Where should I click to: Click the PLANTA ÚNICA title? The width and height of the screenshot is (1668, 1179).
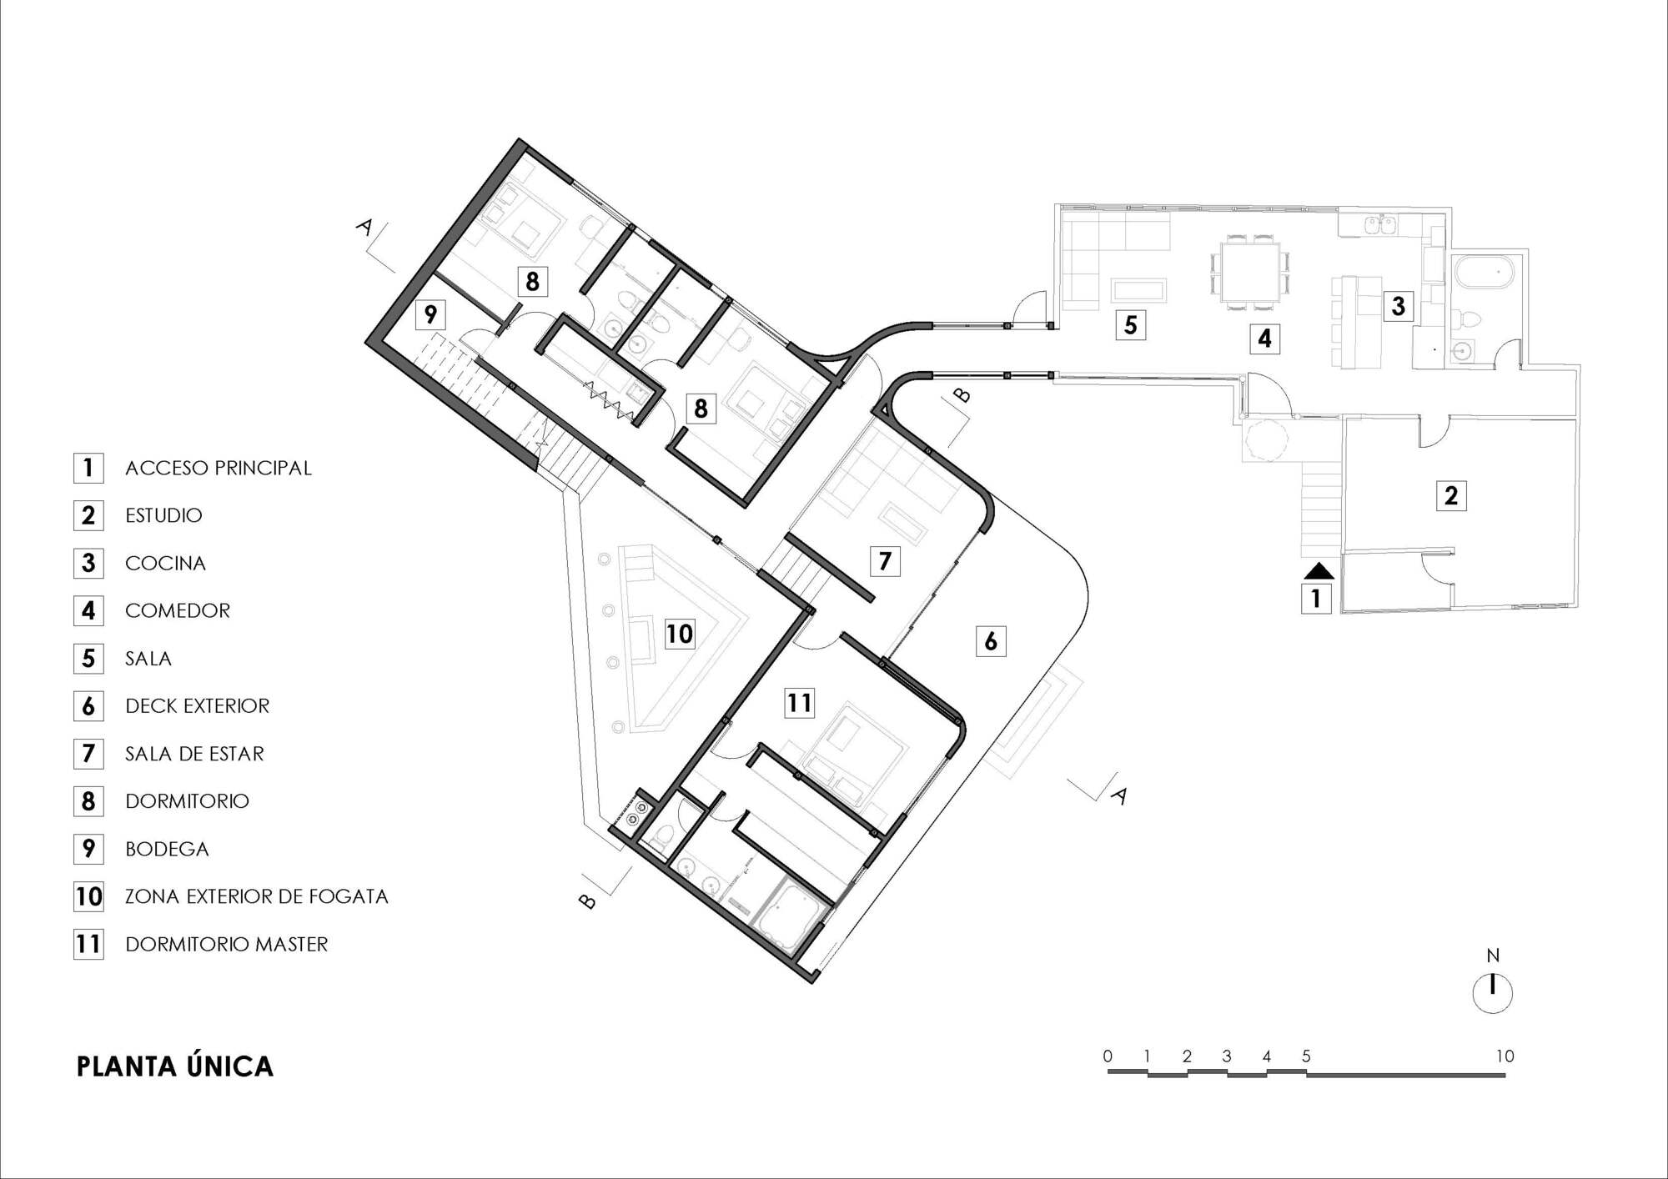tap(175, 1066)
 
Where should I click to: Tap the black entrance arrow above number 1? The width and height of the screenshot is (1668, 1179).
tap(1319, 571)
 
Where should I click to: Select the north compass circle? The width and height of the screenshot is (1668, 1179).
tap(1493, 993)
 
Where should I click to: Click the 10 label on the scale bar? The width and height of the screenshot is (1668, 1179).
tap(1505, 1056)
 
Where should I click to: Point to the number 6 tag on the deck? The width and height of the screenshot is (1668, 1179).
tap(991, 640)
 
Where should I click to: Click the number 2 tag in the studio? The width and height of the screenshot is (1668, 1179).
tap(1451, 495)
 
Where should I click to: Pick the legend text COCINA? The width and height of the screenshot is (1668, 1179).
tap(165, 563)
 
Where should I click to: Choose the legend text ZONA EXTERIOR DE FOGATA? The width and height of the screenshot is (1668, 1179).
tap(257, 896)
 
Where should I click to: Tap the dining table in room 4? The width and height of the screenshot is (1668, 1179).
tap(1250, 271)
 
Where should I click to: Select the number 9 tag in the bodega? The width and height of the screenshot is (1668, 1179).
tap(430, 314)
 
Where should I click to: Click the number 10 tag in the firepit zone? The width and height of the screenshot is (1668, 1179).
tap(680, 634)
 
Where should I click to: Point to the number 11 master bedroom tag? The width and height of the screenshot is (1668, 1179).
tap(799, 703)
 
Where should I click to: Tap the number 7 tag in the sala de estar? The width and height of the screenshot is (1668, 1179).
tap(885, 560)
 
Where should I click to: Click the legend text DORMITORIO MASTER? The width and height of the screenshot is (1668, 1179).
tap(227, 944)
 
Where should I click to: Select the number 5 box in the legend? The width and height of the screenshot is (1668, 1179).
tap(88, 659)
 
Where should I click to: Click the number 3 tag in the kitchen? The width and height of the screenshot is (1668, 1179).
tap(1399, 306)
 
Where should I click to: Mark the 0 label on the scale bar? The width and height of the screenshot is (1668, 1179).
tap(1108, 1056)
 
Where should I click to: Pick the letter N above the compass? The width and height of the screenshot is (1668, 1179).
tap(1493, 956)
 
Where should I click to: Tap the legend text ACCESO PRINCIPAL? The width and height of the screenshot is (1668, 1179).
tap(219, 468)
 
